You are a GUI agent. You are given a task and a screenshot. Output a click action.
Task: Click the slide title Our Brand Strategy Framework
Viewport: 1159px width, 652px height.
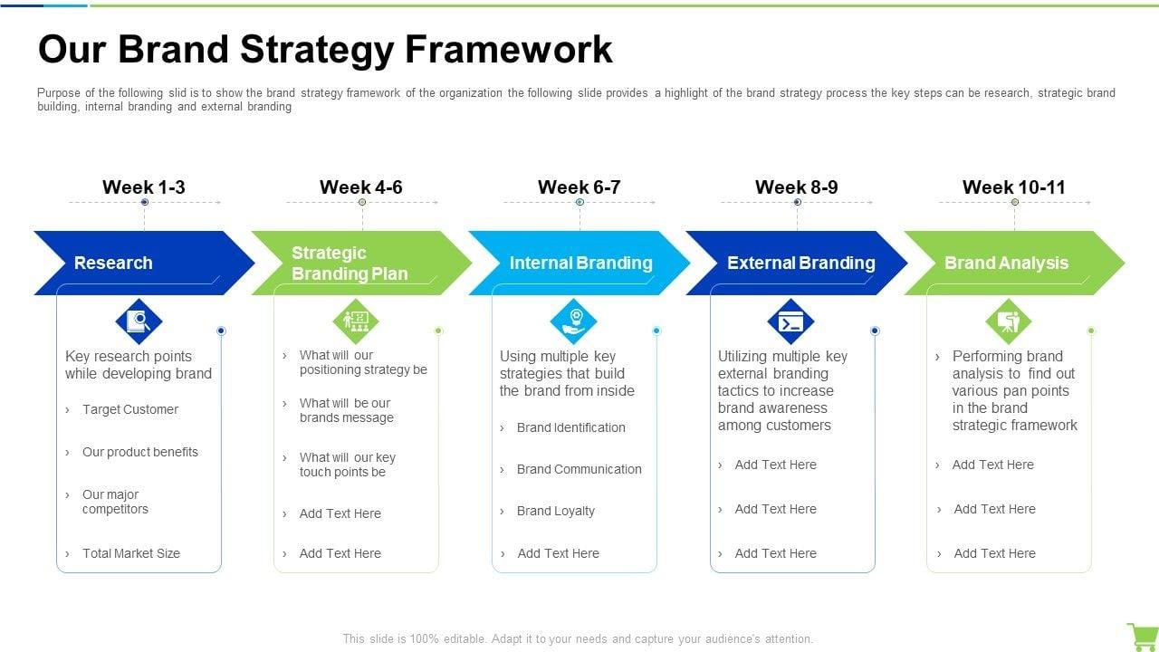pyautogui.click(x=325, y=49)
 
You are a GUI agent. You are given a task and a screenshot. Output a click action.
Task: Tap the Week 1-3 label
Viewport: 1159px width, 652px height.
pyautogui.click(x=144, y=187)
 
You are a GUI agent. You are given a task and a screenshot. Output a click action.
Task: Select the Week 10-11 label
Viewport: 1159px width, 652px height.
pyautogui.click(x=1013, y=187)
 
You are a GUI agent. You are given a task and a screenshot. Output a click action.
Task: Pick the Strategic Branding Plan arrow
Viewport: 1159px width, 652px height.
pyautogui.click(x=353, y=263)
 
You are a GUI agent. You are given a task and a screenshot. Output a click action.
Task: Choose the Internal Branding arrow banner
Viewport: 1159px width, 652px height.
pyautogui.click(x=579, y=263)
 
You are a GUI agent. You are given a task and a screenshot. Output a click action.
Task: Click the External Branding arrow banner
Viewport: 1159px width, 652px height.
pyautogui.click(x=797, y=263)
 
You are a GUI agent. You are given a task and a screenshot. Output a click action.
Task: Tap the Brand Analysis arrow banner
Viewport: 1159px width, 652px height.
pyautogui.click(x=1010, y=263)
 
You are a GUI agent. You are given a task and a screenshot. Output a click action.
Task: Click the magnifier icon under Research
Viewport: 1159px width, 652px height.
pyautogui.click(x=139, y=321)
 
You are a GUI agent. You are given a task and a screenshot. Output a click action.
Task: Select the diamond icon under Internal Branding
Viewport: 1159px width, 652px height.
pyautogui.click(x=573, y=321)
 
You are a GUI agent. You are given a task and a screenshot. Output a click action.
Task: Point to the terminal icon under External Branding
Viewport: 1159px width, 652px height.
pyautogui.click(x=790, y=321)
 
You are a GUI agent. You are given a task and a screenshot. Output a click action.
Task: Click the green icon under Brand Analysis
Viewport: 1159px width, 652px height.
pyautogui.click(x=1008, y=321)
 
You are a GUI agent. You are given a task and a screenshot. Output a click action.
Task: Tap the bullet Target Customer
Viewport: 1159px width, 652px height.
pyautogui.click(x=130, y=409)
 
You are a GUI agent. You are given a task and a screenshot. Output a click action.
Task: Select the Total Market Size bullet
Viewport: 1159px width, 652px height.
pyautogui.click(x=131, y=553)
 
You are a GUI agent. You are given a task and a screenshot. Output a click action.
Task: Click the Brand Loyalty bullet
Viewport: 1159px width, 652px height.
pyautogui.click(x=556, y=511)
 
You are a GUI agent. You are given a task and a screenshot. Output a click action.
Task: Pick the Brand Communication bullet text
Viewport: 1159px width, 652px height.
pyautogui.click(x=579, y=469)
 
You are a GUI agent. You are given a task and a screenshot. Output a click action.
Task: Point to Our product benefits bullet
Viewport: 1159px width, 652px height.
pyautogui.click(x=140, y=452)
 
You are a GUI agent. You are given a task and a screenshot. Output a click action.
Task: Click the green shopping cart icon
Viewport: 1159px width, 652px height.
pyautogui.click(x=1141, y=636)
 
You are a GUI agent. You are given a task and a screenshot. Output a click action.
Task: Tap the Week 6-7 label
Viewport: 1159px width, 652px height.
pyautogui.click(x=579, y=187)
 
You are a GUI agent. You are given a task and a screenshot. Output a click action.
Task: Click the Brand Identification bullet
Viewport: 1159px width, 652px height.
pyautogui.click(x=571, y=427)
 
